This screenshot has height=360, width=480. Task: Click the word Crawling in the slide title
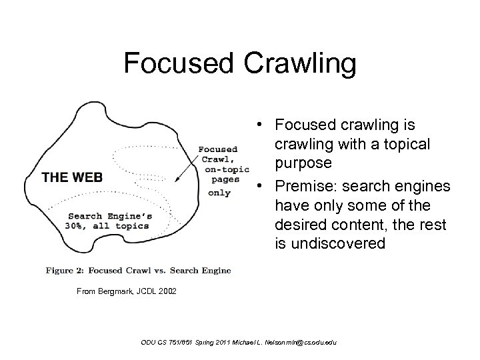[x=301, y=65]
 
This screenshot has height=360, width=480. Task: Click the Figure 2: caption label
[x=66, y=270]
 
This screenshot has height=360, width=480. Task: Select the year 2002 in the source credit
[x=167, y=291]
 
